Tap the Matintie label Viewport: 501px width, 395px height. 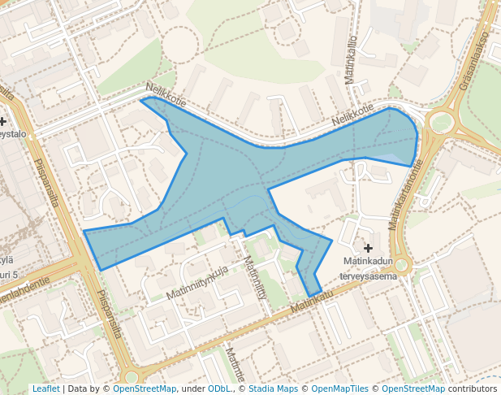click(x=235, y=365)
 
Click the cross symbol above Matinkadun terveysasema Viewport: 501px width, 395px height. click(x=369, y=248)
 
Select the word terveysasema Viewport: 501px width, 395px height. click(x=368, y=276)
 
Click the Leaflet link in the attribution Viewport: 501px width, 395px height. click(x=45, y=388)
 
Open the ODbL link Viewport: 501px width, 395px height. click(x=219, y=388)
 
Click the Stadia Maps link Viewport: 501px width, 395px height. click(x=272, y=388)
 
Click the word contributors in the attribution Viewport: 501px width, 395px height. click(x=473, y=388)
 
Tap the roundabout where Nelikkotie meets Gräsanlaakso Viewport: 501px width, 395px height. click(x=441, y=124)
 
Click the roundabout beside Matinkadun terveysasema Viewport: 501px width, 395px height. click(x=401, y=266)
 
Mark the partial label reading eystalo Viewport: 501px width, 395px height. click(x=15, y=133)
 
